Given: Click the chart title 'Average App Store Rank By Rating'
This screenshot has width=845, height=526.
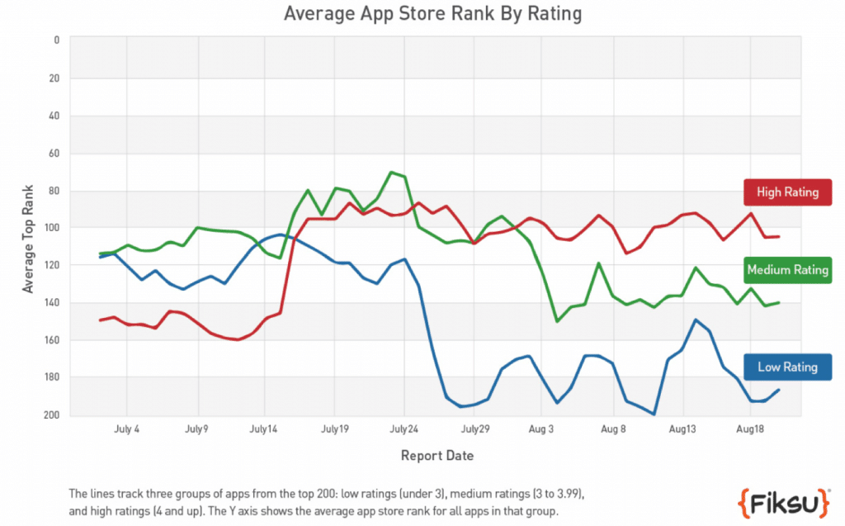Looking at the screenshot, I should click(432, 14).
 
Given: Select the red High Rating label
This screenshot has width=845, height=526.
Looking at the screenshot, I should click(786, 192).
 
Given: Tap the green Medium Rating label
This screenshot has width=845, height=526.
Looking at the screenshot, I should click(786, 270).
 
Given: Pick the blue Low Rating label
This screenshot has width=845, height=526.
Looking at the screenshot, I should click(786, 367).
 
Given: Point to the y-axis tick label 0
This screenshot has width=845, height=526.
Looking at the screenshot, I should click(56, 40).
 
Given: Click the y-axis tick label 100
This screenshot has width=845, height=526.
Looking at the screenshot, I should click(52, 228).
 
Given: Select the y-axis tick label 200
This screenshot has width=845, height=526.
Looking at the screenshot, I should click(52, 415).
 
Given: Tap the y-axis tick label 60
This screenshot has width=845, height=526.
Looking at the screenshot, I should click(54, 153).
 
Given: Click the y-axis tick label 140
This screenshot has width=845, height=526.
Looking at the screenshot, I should click(52, 303).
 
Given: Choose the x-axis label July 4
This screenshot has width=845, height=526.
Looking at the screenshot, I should click(127, 430).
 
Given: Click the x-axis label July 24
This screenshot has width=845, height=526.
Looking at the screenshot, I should click(404, 430).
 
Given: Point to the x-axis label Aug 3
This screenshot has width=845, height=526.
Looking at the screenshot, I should click(541, 430).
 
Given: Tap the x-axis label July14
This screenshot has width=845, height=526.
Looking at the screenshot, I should click(264, 430).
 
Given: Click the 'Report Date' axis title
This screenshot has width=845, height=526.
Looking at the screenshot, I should click(437, 456).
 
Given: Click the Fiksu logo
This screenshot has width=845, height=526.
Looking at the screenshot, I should click(783, 500).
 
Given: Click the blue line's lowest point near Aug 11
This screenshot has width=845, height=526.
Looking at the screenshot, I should click(654, 414).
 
